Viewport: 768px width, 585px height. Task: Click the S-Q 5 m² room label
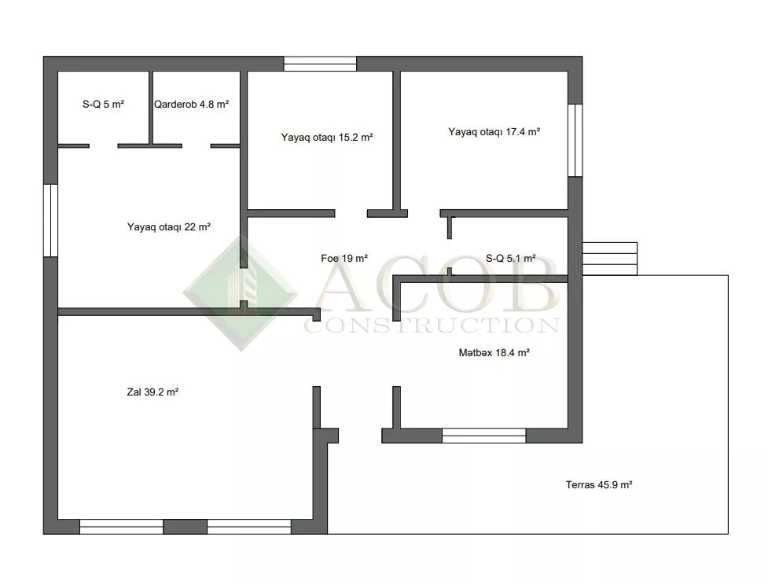103,105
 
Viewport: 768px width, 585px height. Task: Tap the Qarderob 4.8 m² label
192,105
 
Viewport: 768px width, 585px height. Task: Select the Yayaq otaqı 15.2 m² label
327,137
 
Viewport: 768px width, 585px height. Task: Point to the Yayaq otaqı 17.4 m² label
494,132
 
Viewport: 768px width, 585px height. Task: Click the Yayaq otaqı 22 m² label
168,227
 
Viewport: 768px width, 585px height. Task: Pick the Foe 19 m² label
344,258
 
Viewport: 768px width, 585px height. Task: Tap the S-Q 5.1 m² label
510,258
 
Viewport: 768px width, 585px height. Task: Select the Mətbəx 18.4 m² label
494,353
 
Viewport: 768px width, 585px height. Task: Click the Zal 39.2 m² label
152,392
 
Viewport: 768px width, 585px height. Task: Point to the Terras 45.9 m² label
598,485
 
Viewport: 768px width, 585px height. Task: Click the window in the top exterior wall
320,64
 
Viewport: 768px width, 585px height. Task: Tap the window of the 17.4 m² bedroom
575,140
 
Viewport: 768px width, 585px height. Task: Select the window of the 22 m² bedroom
51,220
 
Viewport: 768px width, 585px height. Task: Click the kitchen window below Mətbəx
484,436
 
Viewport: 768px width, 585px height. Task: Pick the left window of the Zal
122,527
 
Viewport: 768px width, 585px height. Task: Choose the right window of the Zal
249,527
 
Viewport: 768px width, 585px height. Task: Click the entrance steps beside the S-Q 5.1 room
610,259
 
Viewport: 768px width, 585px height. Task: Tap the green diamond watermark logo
241,292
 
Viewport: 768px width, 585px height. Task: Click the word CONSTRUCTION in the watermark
432,326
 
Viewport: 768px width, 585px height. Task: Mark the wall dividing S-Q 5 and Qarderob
151,108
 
